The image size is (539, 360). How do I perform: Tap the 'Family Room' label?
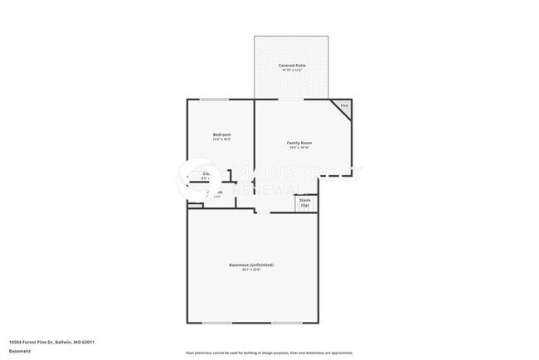coord(299,143)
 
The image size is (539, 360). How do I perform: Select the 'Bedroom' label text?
coord(221,134)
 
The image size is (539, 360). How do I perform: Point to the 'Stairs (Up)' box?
coord(305,202)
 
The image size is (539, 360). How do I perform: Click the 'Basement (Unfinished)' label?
coord(251,265)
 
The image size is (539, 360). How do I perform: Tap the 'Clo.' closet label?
coord(206,173)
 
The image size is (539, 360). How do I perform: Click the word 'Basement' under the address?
coord(20,351)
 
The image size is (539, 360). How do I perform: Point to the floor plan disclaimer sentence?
coord(269,352)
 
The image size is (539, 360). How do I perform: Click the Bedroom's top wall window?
coord(214,100)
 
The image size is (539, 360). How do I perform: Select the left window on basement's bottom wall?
coord(217,323)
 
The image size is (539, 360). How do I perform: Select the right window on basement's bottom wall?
coord(286,323)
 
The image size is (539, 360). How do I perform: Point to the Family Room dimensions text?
coord(299,148)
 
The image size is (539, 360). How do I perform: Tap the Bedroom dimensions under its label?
coord(221,139)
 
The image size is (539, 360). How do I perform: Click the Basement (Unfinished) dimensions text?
coord(251,270)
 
